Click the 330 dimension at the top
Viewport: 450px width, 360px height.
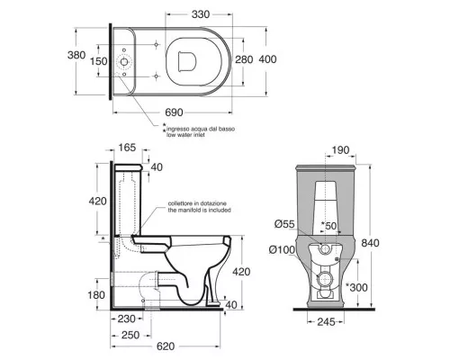[201, 14]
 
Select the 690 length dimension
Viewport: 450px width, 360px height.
[174, 112]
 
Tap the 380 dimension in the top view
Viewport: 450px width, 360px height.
[76, 55]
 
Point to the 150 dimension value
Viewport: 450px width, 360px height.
[99, 61]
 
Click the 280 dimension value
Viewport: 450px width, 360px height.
[244, 59]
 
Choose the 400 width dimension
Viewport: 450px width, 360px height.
[267, 59]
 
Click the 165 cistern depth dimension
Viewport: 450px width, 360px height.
[127, 148]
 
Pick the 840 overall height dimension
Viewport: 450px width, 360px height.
[370, 243]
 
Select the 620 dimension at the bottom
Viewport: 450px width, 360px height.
[166, 346]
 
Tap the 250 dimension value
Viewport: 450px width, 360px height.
[130, 335]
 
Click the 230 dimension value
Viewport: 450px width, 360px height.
[127, 319]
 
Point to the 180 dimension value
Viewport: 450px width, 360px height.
[96, 295]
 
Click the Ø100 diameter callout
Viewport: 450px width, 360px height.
[282, 249]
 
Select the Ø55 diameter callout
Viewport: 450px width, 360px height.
[285, 224]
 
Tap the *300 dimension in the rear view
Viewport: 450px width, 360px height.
[356, 287]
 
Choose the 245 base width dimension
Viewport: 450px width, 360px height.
[326, 322]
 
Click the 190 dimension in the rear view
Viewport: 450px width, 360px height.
[341, 150]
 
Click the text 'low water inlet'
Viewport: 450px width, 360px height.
[186, 135]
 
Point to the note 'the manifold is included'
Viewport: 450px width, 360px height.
[199, 210]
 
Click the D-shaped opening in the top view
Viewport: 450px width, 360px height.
[179, 61]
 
